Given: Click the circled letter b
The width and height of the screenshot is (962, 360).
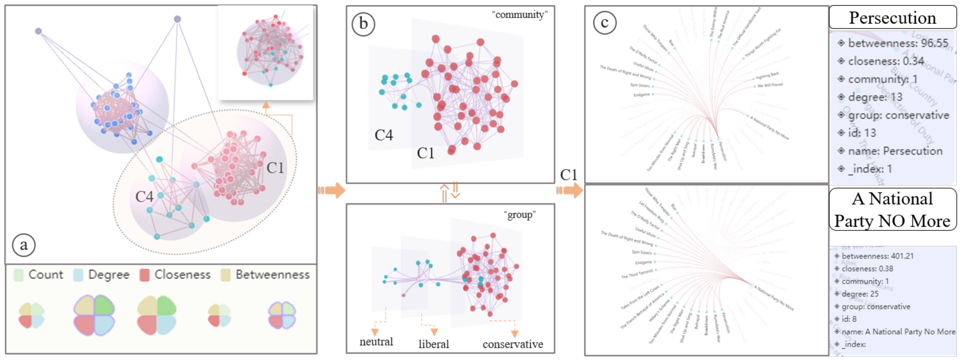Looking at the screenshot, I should click(363, 24).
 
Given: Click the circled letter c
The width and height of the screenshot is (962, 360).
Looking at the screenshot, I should click(604, 23).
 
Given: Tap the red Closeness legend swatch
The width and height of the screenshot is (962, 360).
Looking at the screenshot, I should click(145, 275).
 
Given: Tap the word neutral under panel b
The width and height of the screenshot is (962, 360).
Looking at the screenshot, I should click(376, 342).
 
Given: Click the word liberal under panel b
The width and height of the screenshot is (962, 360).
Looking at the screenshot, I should click(434, 344).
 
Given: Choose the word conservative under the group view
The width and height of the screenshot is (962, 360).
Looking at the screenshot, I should click(512, 344).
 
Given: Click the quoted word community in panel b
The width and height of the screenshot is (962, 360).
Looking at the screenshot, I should click(519, 15).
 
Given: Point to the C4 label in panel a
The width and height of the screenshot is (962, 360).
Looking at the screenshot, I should click(144, 196).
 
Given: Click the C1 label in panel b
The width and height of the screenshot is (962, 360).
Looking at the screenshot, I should click(425, 153).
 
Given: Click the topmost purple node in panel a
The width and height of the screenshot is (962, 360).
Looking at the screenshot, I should click(177, 19).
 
